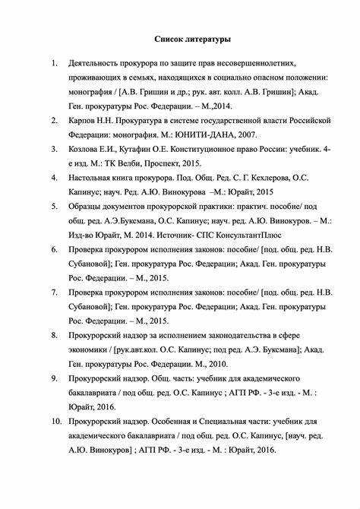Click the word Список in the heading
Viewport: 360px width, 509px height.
pos(172,37)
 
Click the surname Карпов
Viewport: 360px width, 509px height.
pos(81,121)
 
